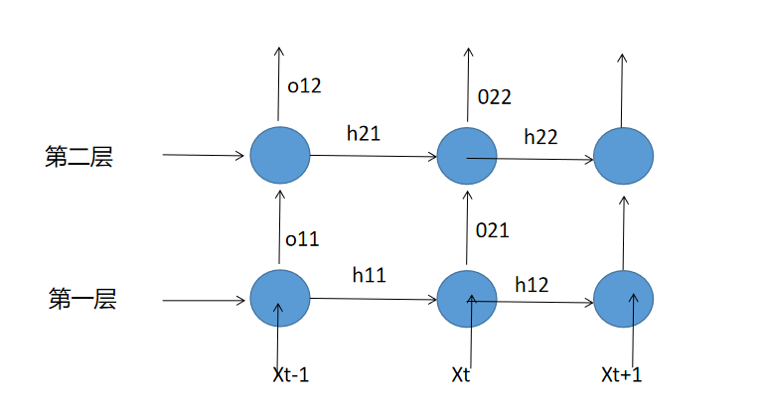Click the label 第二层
point(78,157)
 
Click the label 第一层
point(82,299)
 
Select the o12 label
point(304,86)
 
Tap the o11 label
point(303,238)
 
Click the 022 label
point(494,96)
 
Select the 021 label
point(492,231)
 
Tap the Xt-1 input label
point(292,376)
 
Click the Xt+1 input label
point(623,376)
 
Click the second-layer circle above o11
point(280,156)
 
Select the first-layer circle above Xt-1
point(280,298)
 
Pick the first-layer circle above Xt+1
point(623,299)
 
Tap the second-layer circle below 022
point(467,156)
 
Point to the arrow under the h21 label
point(374,156)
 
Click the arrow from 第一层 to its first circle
point(204,299)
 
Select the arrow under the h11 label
point(374,298)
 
